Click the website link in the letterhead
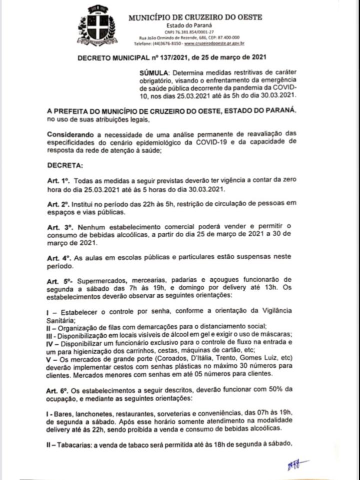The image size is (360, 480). (x=219, y=43)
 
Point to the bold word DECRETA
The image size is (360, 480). (x=66, y=165)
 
